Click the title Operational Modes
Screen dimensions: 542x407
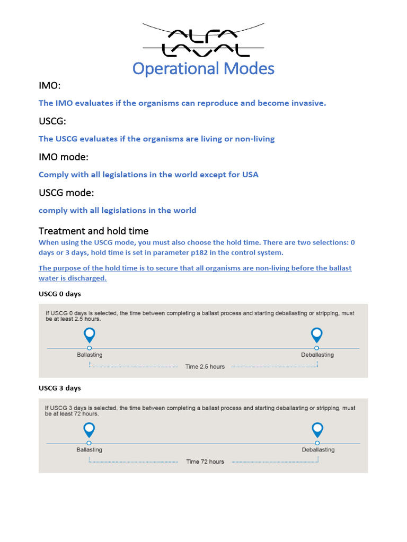(203, 68)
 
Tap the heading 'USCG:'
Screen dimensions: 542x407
(52, 122)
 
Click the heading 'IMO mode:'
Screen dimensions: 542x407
(64, 157)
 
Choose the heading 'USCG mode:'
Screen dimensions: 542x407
(66, 193)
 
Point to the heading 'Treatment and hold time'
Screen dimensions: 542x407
(93, 231)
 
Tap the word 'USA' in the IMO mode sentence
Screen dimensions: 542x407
(250, 175)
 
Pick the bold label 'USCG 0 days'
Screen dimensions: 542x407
(60, 293)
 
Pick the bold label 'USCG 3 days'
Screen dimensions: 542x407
(60, 388)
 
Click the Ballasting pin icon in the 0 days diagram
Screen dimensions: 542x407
(90, 335)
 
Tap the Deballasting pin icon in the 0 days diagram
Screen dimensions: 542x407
(317, 335)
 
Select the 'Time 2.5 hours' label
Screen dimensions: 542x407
(205, 366)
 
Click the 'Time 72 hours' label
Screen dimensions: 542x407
(205, 462)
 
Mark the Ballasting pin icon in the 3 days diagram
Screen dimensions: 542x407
(89, 430)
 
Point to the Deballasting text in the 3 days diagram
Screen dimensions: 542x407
(318, 450)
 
